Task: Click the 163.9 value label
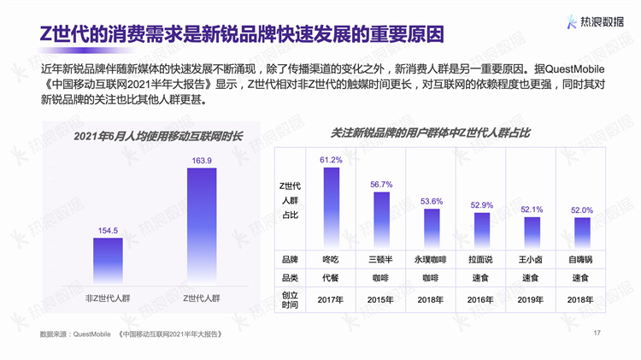click(x=202, y=160)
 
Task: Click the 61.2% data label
click(x=331, y=160)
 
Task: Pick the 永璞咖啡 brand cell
click(x=431, y=258)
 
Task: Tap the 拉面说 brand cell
click(x=481, y=258)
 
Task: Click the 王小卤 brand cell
click(x=532, y=258)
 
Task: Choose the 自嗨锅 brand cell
click(x=582, y=258)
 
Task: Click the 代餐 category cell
click(x=331, y=278)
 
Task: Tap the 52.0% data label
click(x=582, y=210)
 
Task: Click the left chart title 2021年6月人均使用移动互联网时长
click(x=158, y=136)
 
